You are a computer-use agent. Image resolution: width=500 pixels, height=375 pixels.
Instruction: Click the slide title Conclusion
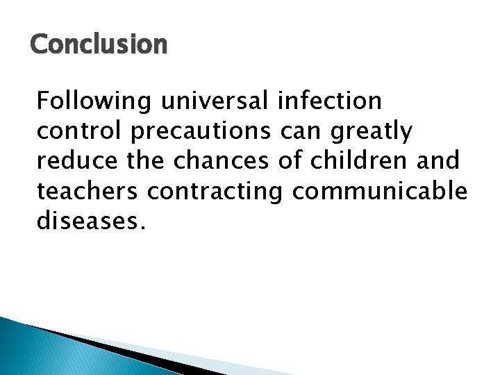click(x=99, y=44)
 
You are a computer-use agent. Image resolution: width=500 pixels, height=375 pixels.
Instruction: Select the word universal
click(x=216, y=101)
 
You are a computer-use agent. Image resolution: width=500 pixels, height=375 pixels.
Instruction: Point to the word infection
click(x=330, y=101)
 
